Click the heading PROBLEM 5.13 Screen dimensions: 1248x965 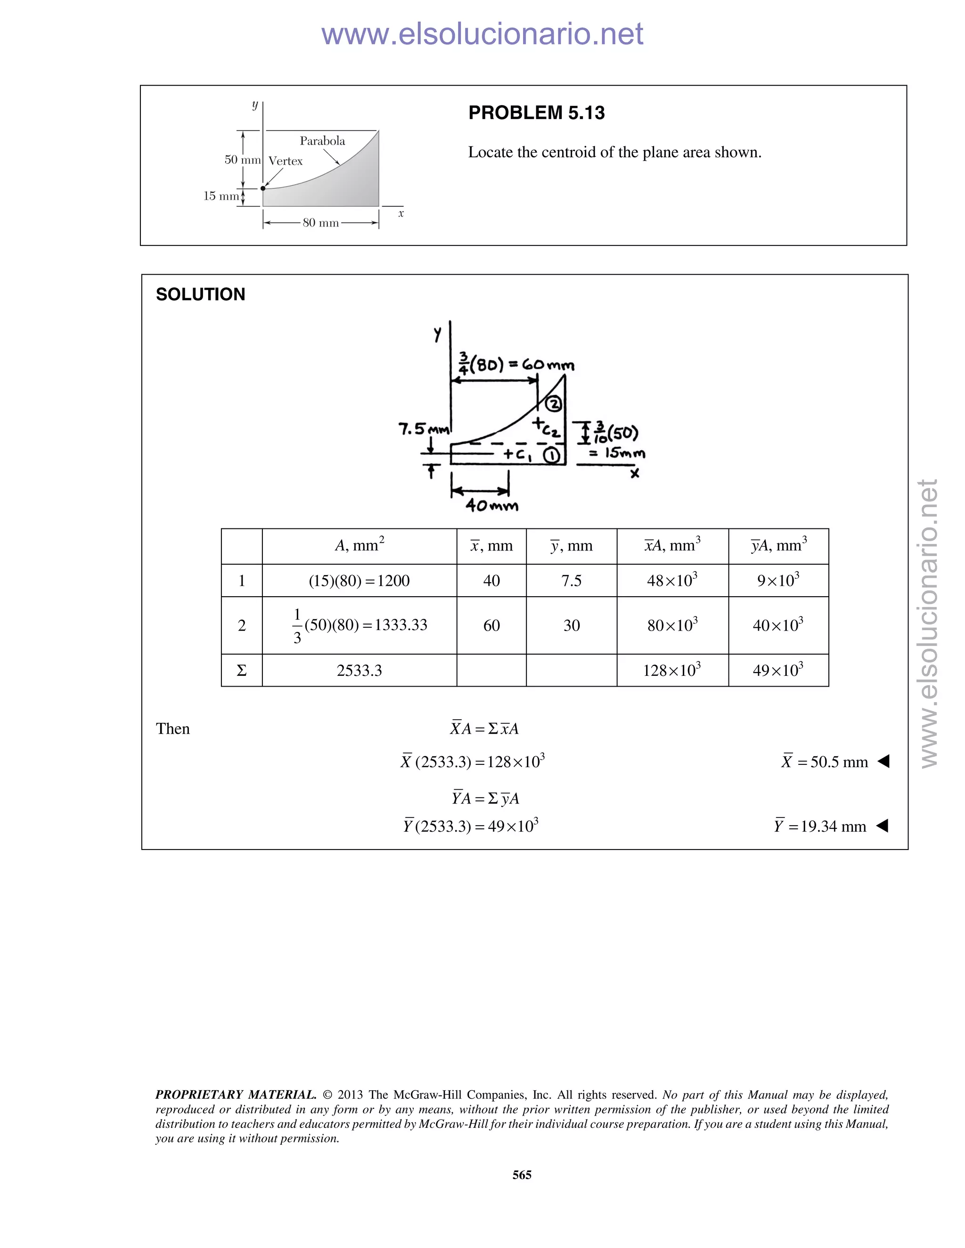536,113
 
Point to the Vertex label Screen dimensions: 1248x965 285,161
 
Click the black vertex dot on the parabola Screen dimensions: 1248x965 263,188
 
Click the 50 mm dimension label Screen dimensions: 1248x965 242,160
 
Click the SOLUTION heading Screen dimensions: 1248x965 200,294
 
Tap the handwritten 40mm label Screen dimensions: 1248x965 491,506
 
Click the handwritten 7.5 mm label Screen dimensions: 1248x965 424,429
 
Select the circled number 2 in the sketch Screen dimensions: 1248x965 553,404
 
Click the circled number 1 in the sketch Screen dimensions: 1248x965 552,455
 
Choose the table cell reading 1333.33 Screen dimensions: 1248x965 359,625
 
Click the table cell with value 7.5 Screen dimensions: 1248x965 571,581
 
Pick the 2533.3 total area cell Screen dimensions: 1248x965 359,670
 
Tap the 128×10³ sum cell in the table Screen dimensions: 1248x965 672,670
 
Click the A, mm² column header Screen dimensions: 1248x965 359,546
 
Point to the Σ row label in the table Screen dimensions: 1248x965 241,670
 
